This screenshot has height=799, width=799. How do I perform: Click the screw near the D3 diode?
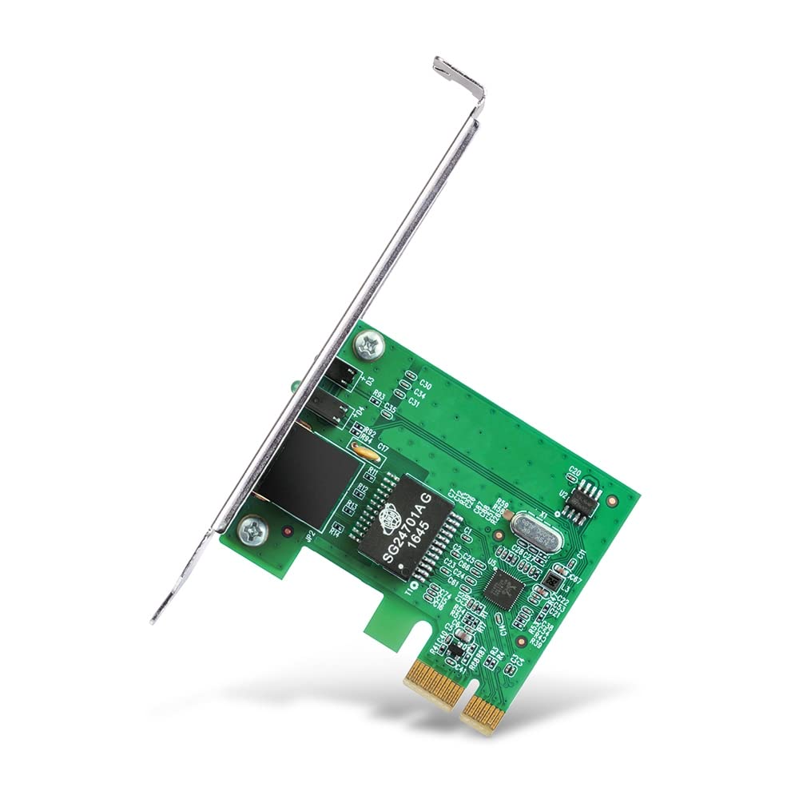pyautogui.click(x=372, y=344)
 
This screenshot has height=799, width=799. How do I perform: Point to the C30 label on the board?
pyautogui.click(x=425, y=385)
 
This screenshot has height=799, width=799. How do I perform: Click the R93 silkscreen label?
pyautogui.click(x=379, y=396)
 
